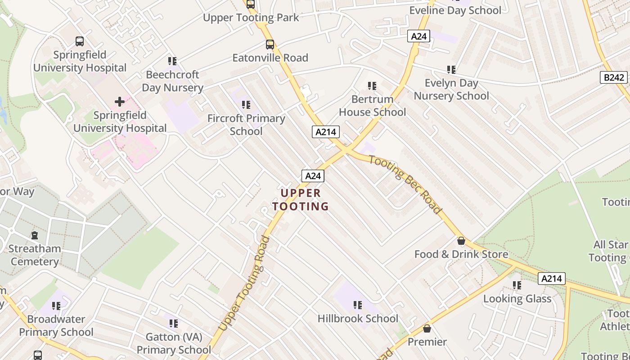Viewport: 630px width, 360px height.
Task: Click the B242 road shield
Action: [x=614, y=77]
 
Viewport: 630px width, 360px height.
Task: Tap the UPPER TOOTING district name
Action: [x=301, y=200]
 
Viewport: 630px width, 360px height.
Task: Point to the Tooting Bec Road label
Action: [x=405, y=184]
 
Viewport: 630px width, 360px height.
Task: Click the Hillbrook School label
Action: [x=358, y=319]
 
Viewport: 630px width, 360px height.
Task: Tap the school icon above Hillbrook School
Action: [x=358, y=305]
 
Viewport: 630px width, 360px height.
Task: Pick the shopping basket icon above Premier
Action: [x=427, y=328]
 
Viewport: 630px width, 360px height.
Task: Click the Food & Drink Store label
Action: [x=461, y=254]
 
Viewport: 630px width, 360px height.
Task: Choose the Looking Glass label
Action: [x=517, y=299]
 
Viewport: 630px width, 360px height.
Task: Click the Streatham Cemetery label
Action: [x=35, y=255]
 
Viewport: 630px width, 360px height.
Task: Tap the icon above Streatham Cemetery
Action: [x=35, y=235]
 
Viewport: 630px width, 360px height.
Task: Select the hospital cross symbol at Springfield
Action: [x=120, y=102]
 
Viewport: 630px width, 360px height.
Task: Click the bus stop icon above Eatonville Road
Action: [x=270, y=45]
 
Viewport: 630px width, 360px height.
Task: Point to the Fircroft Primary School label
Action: [x=246, y=125]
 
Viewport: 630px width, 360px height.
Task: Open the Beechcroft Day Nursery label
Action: [x=173, y=81]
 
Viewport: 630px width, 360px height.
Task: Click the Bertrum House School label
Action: [x=372, y=105]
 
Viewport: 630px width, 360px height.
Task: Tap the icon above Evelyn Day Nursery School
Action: [x=451, y=70]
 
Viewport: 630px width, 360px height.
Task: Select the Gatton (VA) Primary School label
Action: [x=174, y=343]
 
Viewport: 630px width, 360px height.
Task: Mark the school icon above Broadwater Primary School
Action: [x=56, y=306]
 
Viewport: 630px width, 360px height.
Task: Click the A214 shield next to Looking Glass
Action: [x=551, y=279]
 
